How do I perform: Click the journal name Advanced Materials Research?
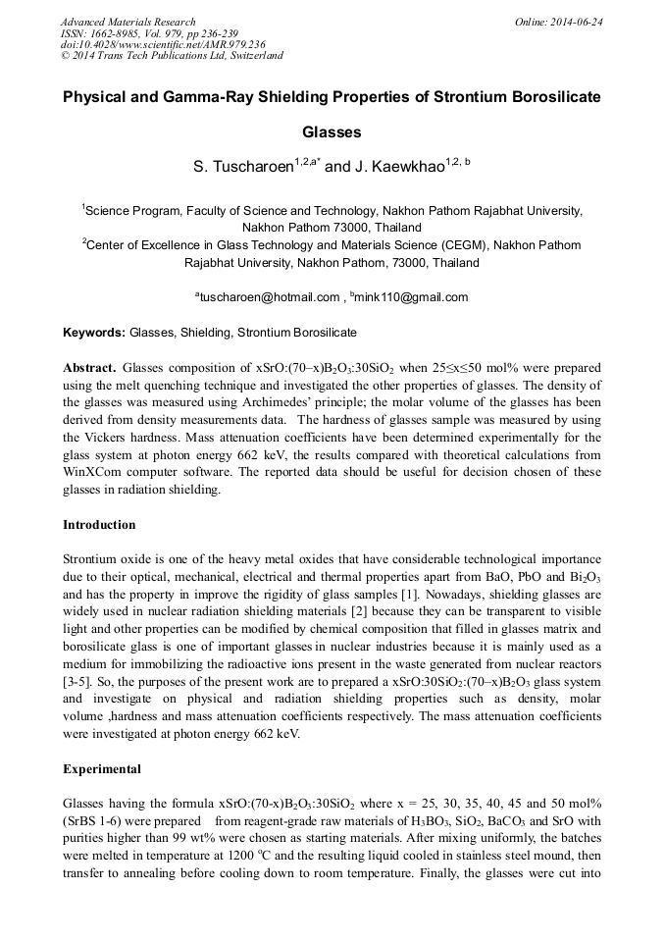(128, 22)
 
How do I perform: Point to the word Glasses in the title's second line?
(332, 131)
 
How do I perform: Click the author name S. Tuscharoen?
(243, 168)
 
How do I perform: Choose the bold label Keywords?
(94, 333)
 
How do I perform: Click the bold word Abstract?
(89, 367)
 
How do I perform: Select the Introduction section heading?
(99, 525)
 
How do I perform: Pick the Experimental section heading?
(102, 768)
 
